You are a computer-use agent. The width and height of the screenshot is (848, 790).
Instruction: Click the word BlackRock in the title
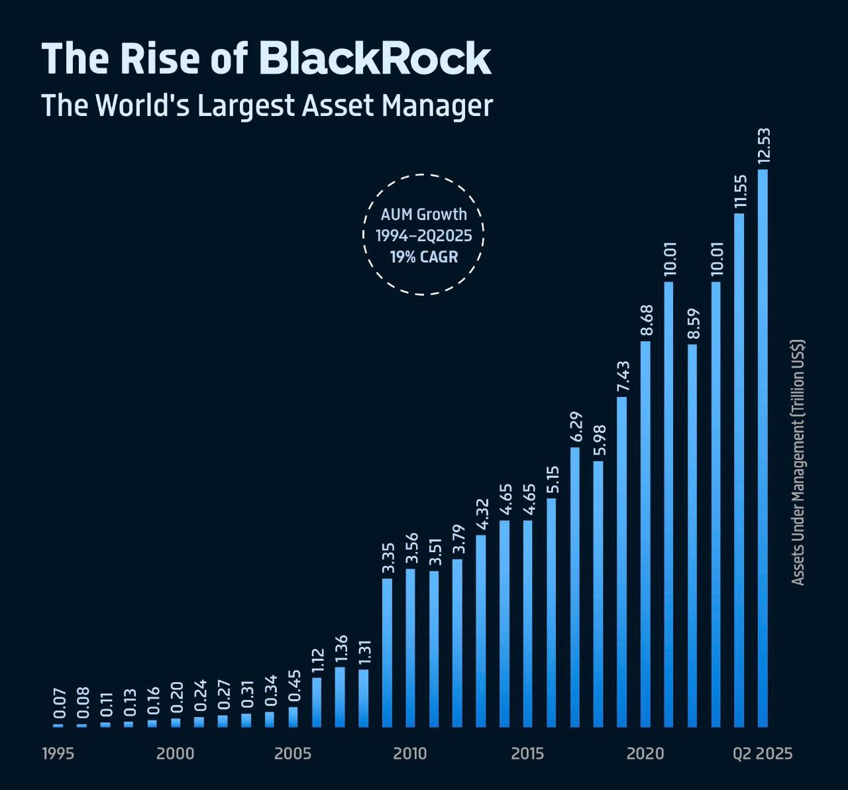click(374, 58)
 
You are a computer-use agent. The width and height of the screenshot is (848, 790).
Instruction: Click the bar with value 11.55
click(739, 470)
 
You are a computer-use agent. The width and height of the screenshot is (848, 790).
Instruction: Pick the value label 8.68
click(647, 321)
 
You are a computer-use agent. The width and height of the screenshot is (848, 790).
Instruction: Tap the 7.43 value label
click(623, 377)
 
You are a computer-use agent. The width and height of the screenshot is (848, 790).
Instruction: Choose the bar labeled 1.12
click(317, 702)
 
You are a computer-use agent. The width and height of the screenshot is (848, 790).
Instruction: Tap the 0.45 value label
click(294, 685)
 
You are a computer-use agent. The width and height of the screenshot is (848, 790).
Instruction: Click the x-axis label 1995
click(58, 754)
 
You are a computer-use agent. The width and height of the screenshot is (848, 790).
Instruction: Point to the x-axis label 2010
click(410, 754)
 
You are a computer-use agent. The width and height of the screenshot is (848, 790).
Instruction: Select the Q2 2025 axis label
click(762, 754)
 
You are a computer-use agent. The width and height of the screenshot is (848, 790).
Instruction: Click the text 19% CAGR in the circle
click(424, 256)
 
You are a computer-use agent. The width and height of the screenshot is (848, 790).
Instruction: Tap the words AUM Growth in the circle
click(424, 214)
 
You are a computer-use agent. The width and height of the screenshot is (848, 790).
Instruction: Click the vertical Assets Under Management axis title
click(798, 463)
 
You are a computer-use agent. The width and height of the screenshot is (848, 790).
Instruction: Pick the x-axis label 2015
click(527, 754)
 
